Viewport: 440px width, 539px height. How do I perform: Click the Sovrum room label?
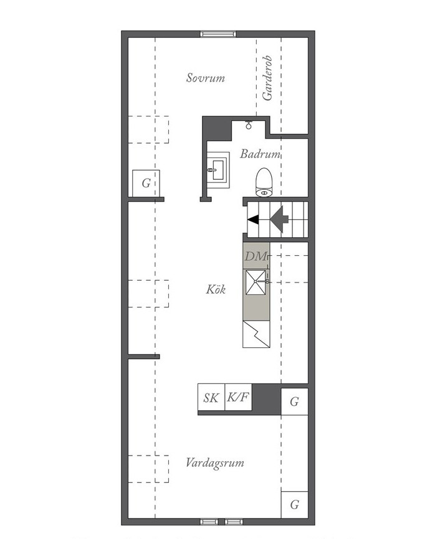point(206,78)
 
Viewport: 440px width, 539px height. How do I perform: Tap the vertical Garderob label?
point(267,78)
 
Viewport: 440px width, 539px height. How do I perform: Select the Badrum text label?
point(260,154)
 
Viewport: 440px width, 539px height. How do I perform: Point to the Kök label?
point(216,289)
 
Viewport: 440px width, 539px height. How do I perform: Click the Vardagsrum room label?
point(215,462)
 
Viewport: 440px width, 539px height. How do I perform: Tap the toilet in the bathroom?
point(264,182)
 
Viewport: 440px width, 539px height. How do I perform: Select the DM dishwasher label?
point(256,256)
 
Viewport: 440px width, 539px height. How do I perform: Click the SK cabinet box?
point(211,397)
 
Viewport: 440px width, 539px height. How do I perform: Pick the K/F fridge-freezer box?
point(238,397)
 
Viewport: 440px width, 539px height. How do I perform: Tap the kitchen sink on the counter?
point(256,282)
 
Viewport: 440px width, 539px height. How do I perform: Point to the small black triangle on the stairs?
point(253,219)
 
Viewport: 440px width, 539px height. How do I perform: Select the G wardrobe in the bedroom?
point(146,183)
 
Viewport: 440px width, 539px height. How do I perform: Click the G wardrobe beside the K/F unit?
point(294,401)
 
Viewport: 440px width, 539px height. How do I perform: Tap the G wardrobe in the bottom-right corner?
point(294,505)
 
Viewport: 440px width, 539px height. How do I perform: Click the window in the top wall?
point(218,34)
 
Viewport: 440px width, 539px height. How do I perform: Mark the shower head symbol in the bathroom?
point(249,124)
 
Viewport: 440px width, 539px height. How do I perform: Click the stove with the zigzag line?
point(256,334)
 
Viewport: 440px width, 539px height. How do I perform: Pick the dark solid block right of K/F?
point(267,397)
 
